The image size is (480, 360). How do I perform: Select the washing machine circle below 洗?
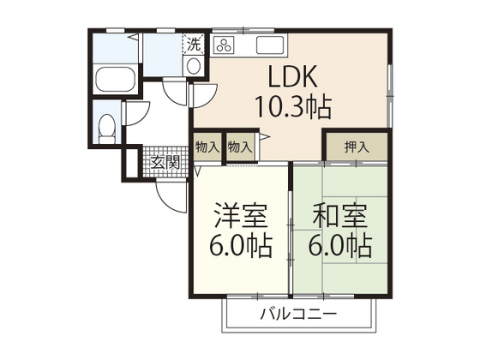[x=194, y=65]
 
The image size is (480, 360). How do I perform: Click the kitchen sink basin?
[x=270, y=45]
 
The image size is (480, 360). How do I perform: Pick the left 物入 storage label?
[x=207, y=147]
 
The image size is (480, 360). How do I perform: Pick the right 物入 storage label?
[x=240, y=147]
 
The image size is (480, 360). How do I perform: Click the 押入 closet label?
[x=356, y=147]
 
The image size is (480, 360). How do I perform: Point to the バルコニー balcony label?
[x=298, y=314]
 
